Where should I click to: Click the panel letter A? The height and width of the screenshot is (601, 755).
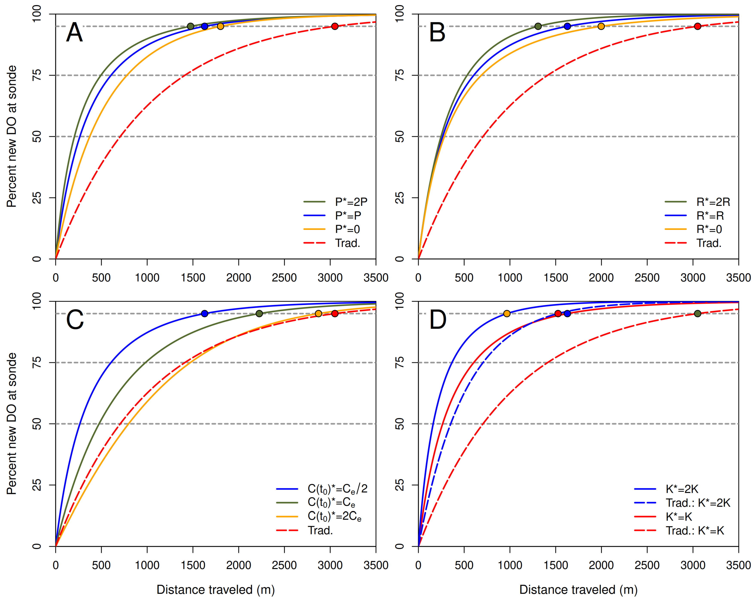pyautogui.click(x=74, y=33)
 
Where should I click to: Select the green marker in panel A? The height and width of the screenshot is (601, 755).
pyautogui.click(x=190, y=26)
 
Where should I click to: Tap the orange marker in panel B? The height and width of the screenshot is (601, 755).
pyautogui.click(x=601, y=26)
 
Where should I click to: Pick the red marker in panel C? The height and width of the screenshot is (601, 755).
pyautogui.click(x=335, y=313)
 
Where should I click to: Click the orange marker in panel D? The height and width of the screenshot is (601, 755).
pyautogui.click(x=507, y=313)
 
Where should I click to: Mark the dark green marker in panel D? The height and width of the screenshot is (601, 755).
pyautogui.click(x=697, y=313)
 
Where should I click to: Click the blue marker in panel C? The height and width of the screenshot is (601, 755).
pyautogui.click(x=205, y=313)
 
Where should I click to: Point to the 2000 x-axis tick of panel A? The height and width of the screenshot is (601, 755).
pyautogui.click(x=239, y=278)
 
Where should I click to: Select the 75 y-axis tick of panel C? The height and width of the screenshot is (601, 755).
pyautogui.click(x=36, y=362)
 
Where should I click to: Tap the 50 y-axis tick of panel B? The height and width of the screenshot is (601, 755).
pyautogui.click(x=399, y=136)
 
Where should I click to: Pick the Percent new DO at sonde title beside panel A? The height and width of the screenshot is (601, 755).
pyautogui.click(x=12, y=136)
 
